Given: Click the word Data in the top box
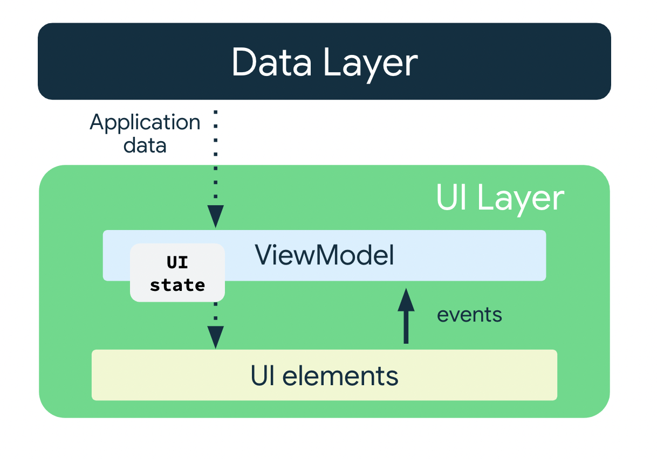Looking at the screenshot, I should pos(271,62).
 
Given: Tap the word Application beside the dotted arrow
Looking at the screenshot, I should pos(145,123).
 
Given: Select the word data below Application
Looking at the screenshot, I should pos(145,145).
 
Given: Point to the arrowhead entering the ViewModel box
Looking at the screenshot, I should pos(216,217).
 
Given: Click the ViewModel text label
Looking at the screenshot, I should pos(324,255).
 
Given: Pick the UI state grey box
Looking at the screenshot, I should pos(177,272).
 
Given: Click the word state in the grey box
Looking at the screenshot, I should pos(177,284).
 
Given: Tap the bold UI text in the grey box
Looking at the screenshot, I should pos(177,263).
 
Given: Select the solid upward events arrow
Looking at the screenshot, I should pos(406,323).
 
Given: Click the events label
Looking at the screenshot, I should pos(469,315).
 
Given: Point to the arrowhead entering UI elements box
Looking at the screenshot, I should pos(216,338).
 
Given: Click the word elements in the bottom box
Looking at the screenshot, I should pos(340,375).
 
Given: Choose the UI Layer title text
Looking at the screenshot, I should pos(499,199).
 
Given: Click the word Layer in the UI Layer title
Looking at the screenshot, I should pos(521,199).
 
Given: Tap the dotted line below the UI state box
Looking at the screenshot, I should pos(216,312).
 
